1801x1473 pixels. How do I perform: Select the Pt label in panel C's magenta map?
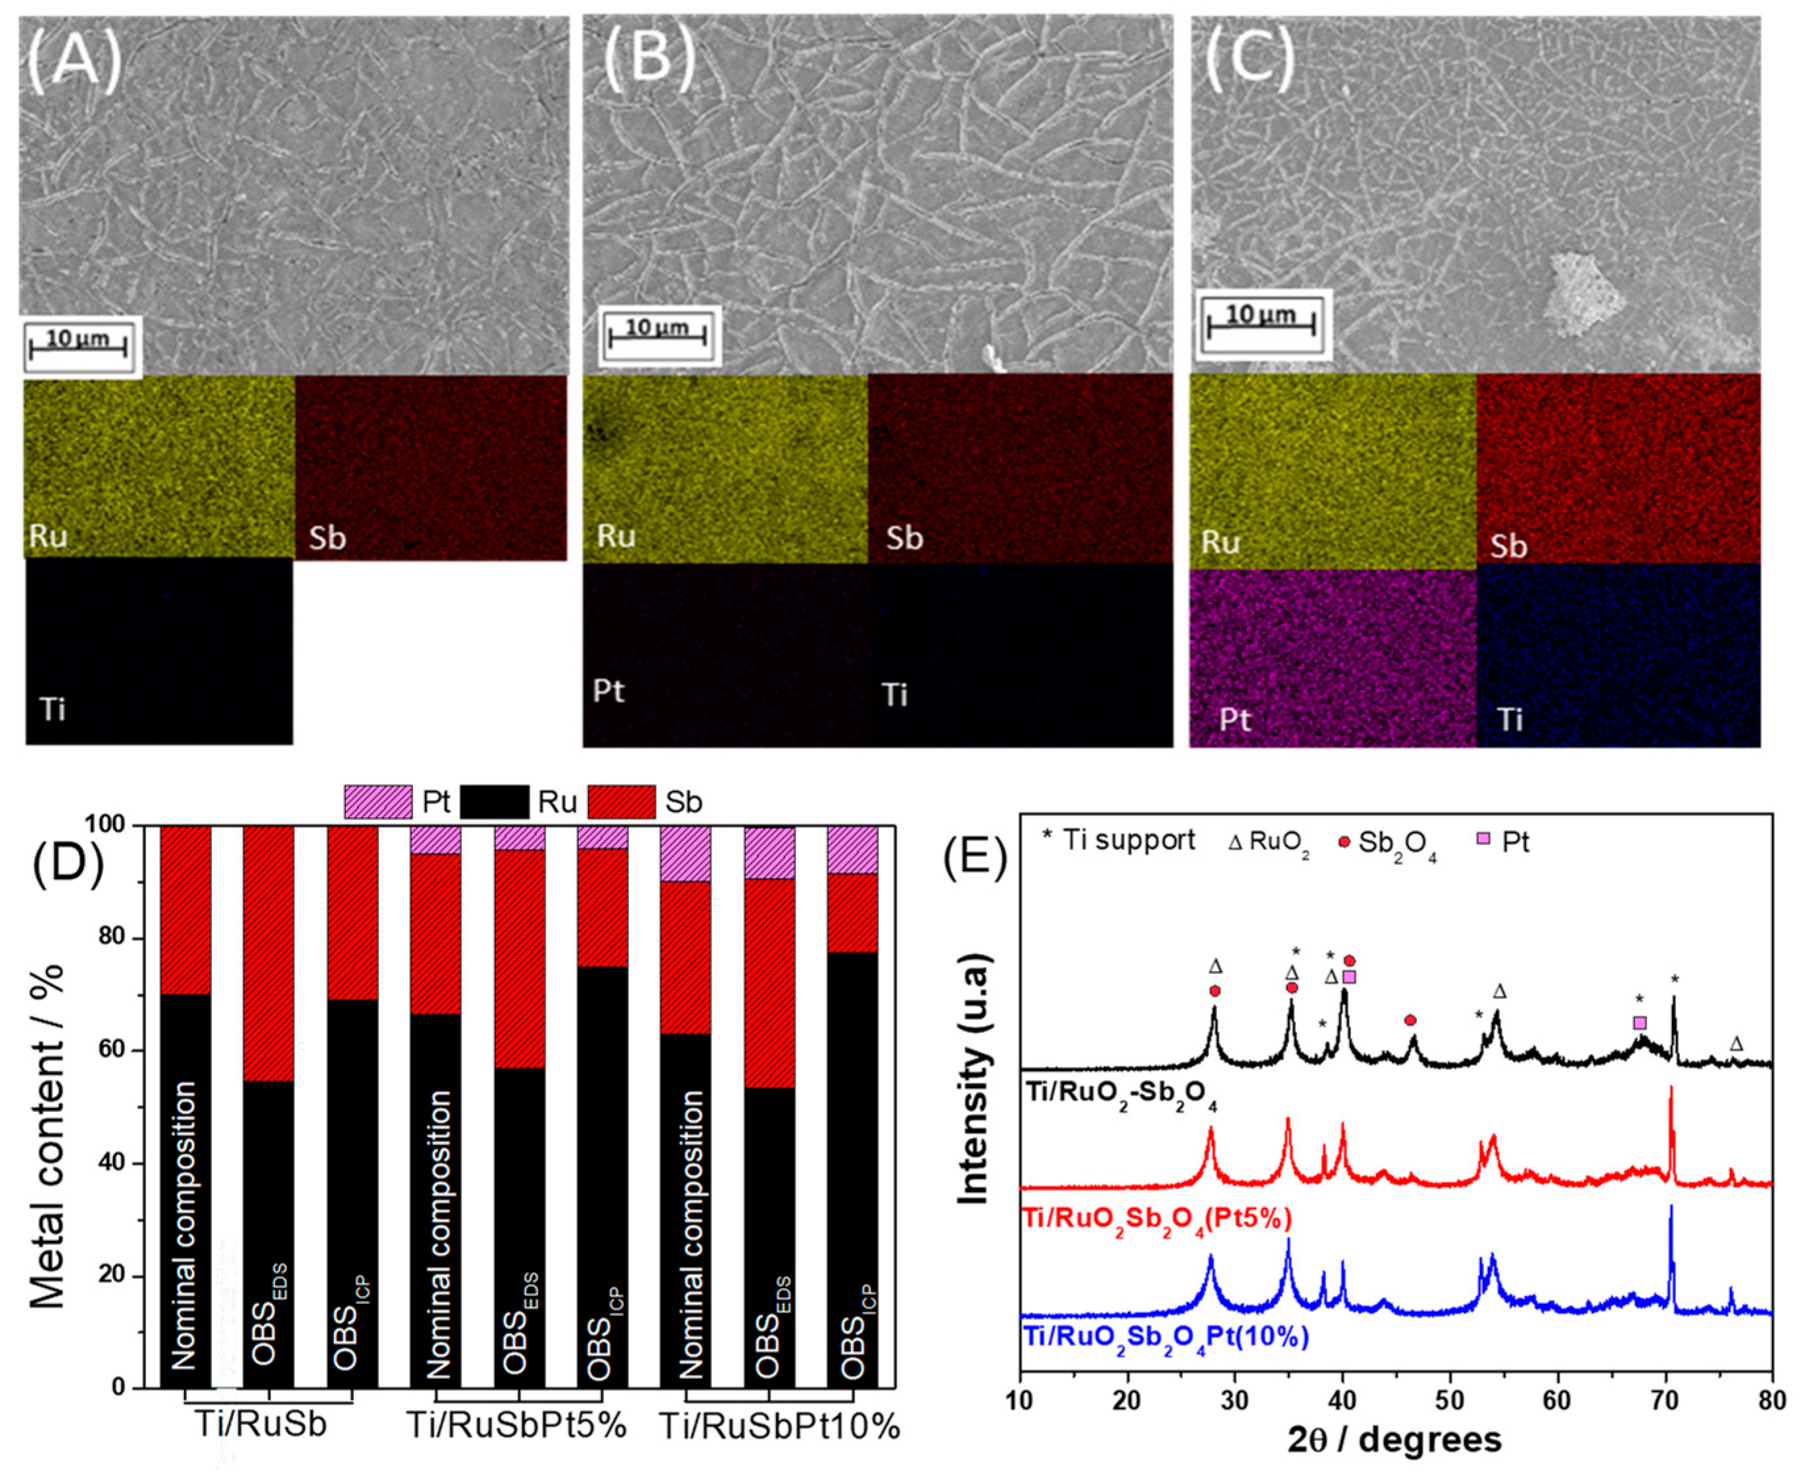(x=1234, y=720)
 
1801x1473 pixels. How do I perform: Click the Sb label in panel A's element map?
(x=327, y=539)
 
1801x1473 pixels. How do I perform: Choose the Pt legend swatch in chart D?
(x=378, y=802)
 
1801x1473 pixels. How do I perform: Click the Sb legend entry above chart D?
(x=684, y=802)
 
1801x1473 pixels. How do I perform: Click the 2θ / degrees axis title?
(x=1394, y=1440)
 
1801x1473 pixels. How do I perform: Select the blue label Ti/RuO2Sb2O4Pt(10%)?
(x=1166, y=1338)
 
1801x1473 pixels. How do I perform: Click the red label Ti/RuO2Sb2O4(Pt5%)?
(x=1157, y=1220)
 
